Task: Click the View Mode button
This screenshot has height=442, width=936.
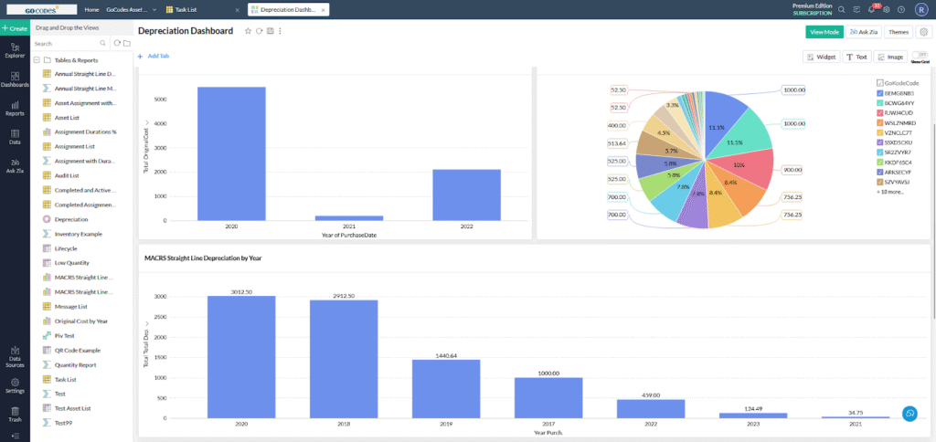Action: coord(824,32)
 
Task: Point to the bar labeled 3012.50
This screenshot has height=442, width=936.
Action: coord(241,356)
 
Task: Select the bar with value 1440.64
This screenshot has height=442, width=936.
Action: coord(446,388)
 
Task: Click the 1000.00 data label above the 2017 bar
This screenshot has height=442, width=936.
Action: coord(548,372)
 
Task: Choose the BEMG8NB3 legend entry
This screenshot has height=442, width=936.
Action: coord(900,93)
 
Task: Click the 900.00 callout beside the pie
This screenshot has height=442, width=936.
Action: coord(792,170)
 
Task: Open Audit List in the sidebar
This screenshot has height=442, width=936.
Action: coord(68,175)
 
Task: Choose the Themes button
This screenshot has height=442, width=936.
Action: coord(898,32)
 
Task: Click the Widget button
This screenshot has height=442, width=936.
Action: coord(822,57)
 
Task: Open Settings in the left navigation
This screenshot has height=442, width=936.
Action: coord(15,387)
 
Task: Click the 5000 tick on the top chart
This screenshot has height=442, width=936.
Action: coord(160,99)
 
